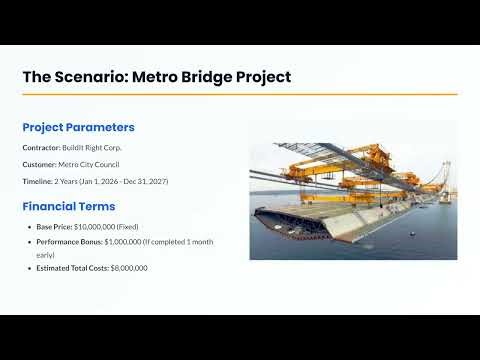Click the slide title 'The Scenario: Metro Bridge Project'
pos(157,77)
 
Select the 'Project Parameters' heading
pos(78,127)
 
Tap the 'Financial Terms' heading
pos(68,207)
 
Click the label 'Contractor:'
pos(41,148)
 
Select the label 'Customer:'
pos(39,165)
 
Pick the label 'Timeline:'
pos(39,182)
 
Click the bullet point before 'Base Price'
pos(29,227)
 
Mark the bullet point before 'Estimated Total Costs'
pos(29,268)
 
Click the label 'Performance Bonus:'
pos(68,241)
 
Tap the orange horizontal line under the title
pos(240,94)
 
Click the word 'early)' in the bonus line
pos(47,254)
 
